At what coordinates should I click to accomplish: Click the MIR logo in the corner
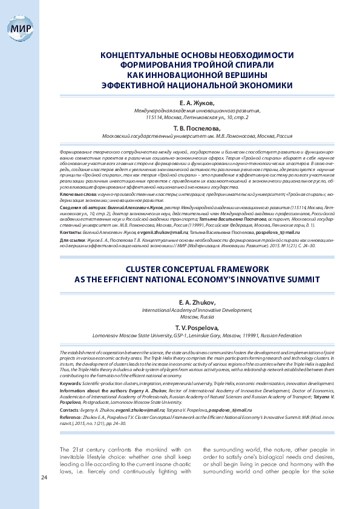(x=18, y=28)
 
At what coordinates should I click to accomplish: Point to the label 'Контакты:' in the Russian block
(x=71, y=232)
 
